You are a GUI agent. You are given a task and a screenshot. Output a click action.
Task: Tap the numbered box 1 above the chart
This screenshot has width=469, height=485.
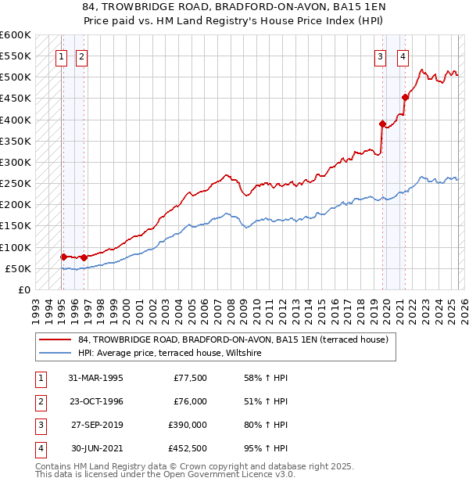click(x=62, y=56)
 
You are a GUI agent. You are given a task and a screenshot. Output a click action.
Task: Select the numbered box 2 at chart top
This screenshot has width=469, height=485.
click(x=82, y=56)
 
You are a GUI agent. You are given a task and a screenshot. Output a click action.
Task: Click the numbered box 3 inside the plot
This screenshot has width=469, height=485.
click(x=380, y=56)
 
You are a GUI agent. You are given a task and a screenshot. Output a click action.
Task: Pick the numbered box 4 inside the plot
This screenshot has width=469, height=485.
click(x=403, y=56)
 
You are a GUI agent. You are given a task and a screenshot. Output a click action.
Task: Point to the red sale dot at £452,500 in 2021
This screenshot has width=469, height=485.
click(x=405, y=98)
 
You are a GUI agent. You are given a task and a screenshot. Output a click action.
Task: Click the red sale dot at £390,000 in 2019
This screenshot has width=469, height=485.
click(x=382, y=124)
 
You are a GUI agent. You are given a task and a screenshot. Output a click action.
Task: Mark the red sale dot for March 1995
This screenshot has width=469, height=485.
click(x=63, y=257)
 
